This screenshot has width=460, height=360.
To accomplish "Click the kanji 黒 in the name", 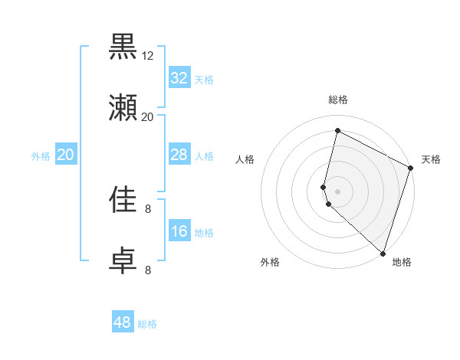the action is (123, 47).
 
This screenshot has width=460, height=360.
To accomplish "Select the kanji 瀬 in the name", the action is (123, 108).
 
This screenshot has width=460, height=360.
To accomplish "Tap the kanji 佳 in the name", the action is (123, 200).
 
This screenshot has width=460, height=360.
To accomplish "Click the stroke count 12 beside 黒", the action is (148, 56).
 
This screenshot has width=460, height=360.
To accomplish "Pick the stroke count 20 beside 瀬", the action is (148, 117).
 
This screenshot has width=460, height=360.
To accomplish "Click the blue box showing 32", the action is (179, 78).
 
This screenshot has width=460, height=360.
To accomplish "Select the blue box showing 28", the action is (179, 155).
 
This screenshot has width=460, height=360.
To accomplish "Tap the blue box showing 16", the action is (179, 231).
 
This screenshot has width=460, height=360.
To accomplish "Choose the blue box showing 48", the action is (123, 322).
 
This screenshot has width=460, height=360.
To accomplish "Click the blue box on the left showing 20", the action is (66, 155).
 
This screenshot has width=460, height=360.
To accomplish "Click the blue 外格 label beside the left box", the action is (41, 155).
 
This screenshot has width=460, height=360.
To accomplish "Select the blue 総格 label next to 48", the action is (147, 324).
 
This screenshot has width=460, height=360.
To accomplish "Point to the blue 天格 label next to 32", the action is (204, 79).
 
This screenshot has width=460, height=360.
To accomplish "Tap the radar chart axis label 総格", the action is (338, 100).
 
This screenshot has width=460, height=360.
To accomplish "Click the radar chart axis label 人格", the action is (245, 159).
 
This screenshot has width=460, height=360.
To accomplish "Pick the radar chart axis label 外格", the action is (270, 262).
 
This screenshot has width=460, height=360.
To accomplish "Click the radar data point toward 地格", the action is (382, 254).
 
